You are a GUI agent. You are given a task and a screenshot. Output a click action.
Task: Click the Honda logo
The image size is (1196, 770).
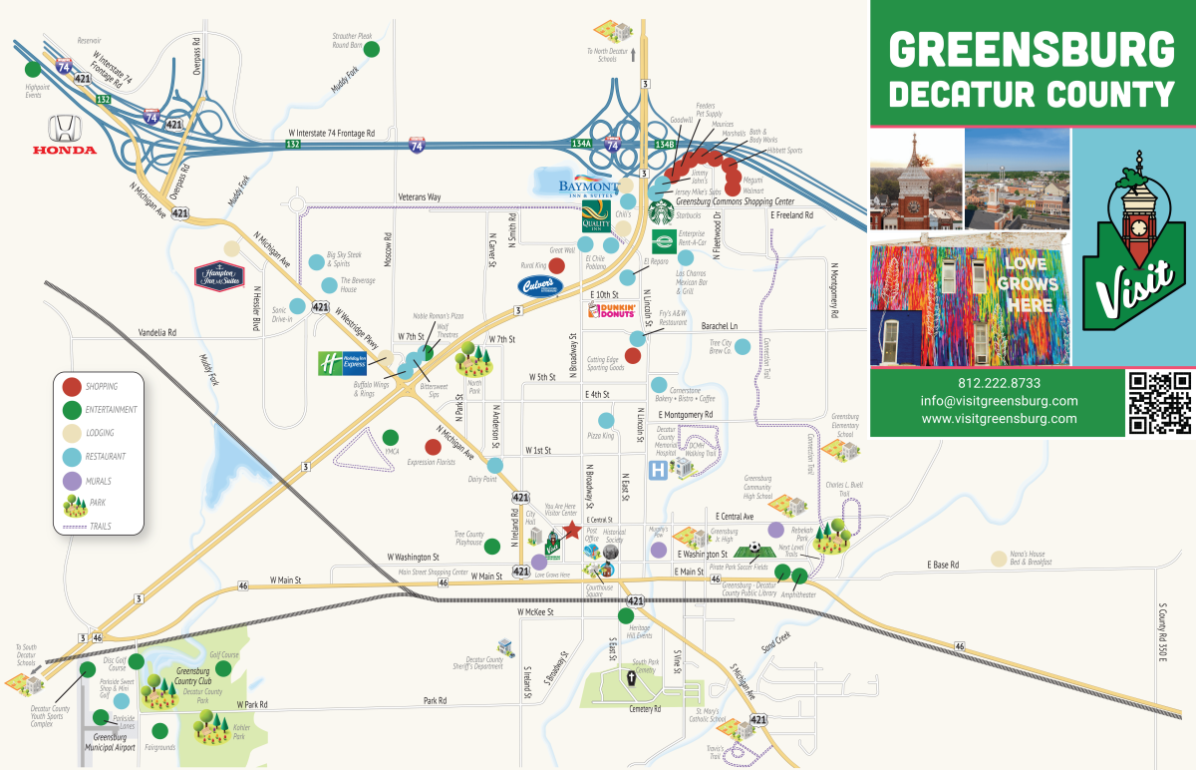(64, 134)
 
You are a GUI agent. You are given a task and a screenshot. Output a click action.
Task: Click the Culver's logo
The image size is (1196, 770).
(539, 286)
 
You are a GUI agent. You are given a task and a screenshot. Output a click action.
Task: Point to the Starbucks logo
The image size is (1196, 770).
(658, 210)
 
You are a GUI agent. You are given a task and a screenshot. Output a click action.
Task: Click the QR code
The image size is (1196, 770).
(1159, 402)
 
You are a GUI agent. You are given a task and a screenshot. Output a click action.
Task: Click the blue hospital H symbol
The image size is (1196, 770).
(658, 470)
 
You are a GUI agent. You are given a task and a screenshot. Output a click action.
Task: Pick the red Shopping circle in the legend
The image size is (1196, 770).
(72, 386)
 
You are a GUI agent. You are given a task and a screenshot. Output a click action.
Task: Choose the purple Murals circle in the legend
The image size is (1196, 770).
(72, 481)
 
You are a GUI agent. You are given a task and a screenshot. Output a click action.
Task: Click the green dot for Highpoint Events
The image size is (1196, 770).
(33, 70)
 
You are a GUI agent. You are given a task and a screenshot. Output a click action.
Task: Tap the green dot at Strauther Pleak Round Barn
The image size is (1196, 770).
(372, 49)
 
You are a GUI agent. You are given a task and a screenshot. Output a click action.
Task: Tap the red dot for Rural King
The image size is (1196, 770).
(557, 266)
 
